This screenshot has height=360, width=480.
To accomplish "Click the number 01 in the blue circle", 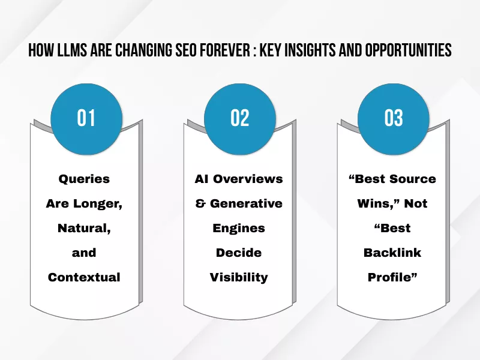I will coord(86,118).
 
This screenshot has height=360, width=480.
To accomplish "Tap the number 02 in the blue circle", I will coord(239,118).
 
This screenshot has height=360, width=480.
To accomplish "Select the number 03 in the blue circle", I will coord(394,118).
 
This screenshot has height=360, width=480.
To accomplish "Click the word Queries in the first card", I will coord(84,179).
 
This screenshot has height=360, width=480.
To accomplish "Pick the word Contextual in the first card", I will coord(84,277).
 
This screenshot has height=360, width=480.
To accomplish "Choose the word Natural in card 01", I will coord(84,228).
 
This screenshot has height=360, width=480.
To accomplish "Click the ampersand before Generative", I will coord(200,203).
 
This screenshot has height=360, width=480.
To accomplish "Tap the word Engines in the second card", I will coord(238,228).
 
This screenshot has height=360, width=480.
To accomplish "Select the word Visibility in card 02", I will coord(238,277).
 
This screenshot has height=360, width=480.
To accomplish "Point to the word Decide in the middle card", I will coord(238,253).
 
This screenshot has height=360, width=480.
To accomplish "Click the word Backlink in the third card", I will coord(392,253).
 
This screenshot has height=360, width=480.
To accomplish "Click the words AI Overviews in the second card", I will coord(238,179).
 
